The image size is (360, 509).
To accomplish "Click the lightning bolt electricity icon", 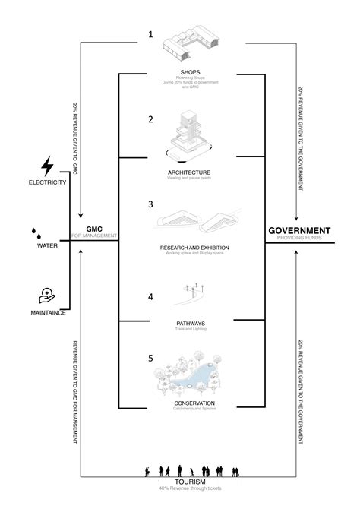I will [47, 167].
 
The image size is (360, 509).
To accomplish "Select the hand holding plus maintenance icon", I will [47, 295].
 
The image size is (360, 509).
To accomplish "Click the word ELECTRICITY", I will [47, 183].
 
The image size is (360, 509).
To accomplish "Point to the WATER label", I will [47, 246].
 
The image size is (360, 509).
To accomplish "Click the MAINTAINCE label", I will [46, 312].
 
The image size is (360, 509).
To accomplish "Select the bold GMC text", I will [94, 229].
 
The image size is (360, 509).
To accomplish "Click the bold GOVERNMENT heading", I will [299, 229].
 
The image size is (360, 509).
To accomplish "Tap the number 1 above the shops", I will [150, 34].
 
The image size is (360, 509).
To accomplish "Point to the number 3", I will [150, 204].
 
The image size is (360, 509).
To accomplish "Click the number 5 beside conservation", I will [150, 357].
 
